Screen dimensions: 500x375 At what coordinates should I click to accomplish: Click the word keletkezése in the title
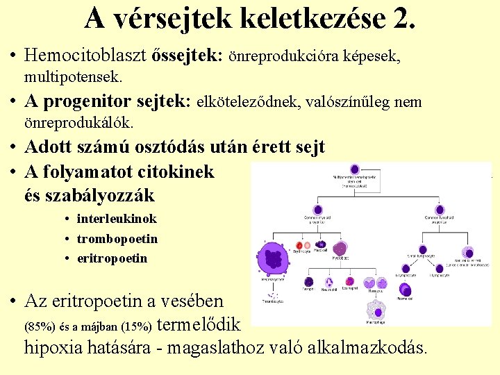pos(311,18)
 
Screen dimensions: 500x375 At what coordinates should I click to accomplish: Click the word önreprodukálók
pos(78,122)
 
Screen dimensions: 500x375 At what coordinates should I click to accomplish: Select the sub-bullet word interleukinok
pos(117,219)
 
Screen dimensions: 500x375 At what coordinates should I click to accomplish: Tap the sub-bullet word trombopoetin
pos(117,239)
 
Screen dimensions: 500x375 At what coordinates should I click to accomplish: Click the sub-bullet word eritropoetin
pos(112,258)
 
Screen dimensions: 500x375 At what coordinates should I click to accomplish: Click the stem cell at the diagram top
pos(355,169)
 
